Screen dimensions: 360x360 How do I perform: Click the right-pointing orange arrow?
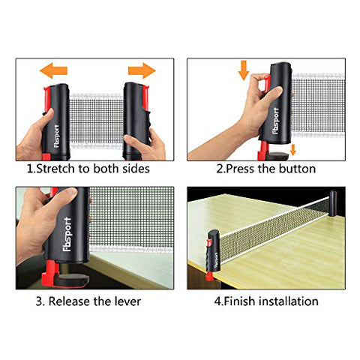tap(140, 71)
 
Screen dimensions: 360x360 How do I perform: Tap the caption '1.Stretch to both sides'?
tap(88, 169)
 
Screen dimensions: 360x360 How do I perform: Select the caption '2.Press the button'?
tap(265, 169)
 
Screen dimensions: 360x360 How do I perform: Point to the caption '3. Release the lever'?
tap(93, 301)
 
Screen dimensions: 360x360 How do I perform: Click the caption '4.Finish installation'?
tap(267, 301)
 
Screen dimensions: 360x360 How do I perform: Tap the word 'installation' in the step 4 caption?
tap(289, 301)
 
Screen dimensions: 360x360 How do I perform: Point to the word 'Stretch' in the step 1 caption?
tap(57, 169)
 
